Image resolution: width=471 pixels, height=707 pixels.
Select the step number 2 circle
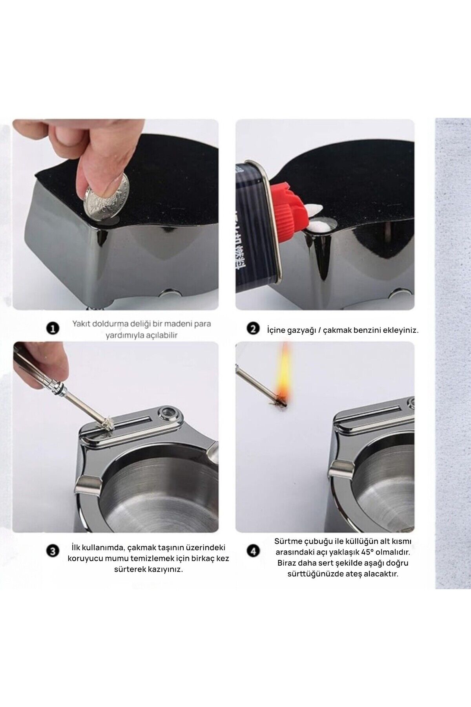click(253, 329)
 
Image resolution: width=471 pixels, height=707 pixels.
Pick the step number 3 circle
click(53, 551)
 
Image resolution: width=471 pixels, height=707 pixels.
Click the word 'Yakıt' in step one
click(82, 324)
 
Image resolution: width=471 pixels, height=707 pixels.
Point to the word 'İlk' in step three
click(77, 547)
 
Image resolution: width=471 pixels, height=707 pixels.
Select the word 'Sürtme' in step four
click(287, 542)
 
